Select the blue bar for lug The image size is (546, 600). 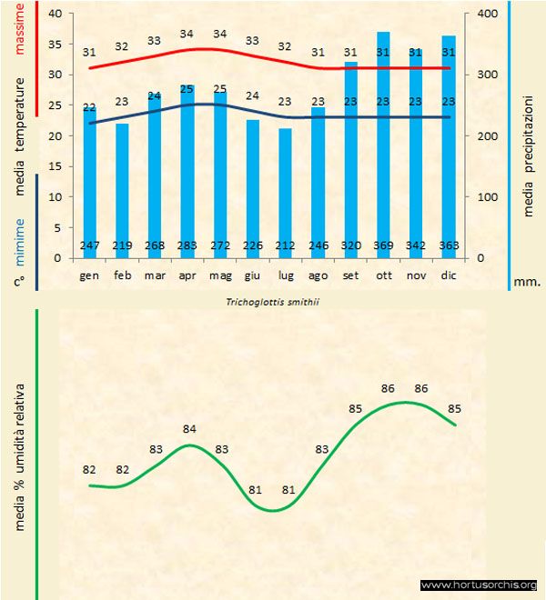pyautogui.click(x=285, y=195)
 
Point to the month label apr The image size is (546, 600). pyautogui.click(x=187, y=274)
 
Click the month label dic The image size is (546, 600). pyautogui.click(x=448, y=274)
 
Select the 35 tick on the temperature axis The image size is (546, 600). pyautogui.click(x=55, y=44)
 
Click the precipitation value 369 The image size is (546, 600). pyautogui.click(x=383, y=245)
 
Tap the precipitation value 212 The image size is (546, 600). pyautogui.click(x=285, y=245)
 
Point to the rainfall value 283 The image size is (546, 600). pyautogui.click(x=187, y=245)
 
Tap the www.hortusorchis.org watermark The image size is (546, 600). pyautogui.click(x=479, y=585)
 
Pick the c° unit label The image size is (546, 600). pyautogui.click(x=19, y=282)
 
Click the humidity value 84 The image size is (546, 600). pyautogui.click(x=189, y=429)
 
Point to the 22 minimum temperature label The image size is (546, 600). pyautogui.click(x=89, y=108)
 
